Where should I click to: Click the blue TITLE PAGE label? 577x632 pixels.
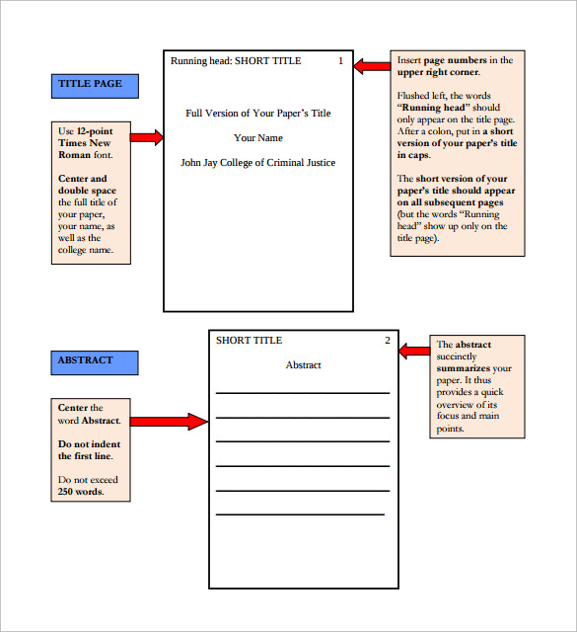[95, 85]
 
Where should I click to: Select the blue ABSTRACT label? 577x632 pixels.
[95, 361]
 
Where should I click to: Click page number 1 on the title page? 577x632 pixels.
[340, 61]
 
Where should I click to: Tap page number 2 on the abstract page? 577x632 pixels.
[388, 341]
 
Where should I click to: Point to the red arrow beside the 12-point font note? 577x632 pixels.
[146, 137]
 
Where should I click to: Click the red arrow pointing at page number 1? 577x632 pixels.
[372, 66]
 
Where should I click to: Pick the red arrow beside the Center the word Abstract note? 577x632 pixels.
[169, 422]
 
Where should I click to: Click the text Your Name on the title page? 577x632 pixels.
[257, 137]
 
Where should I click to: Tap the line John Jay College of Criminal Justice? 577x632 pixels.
[257, 163]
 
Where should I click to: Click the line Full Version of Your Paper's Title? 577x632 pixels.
[257, 113]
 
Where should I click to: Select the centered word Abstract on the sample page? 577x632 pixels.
[303, 365]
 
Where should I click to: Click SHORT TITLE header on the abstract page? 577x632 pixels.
[249, 341]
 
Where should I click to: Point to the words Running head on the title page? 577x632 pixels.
[199, 61]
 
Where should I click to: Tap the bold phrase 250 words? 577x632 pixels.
[80, 492]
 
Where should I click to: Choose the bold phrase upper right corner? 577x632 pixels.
[438, 73]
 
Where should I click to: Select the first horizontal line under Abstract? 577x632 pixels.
[303, 393]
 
